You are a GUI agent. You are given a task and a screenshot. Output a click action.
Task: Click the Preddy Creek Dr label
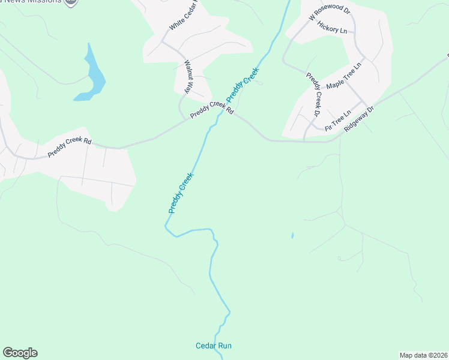tap(314, 95)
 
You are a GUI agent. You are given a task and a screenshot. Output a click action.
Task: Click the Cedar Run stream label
tap(213, 346)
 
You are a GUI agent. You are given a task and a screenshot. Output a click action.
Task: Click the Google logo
tap(20, 353)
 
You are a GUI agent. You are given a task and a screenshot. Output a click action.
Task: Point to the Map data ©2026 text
tap(423, 355)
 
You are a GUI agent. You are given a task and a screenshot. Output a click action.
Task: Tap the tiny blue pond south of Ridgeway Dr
tap(292, 236)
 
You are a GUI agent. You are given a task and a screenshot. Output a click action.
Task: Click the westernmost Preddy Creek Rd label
tap(70, 149)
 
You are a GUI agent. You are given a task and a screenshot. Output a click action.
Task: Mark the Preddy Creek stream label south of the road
tap(181, 193)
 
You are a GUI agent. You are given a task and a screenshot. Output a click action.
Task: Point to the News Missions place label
tap(36, 2)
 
